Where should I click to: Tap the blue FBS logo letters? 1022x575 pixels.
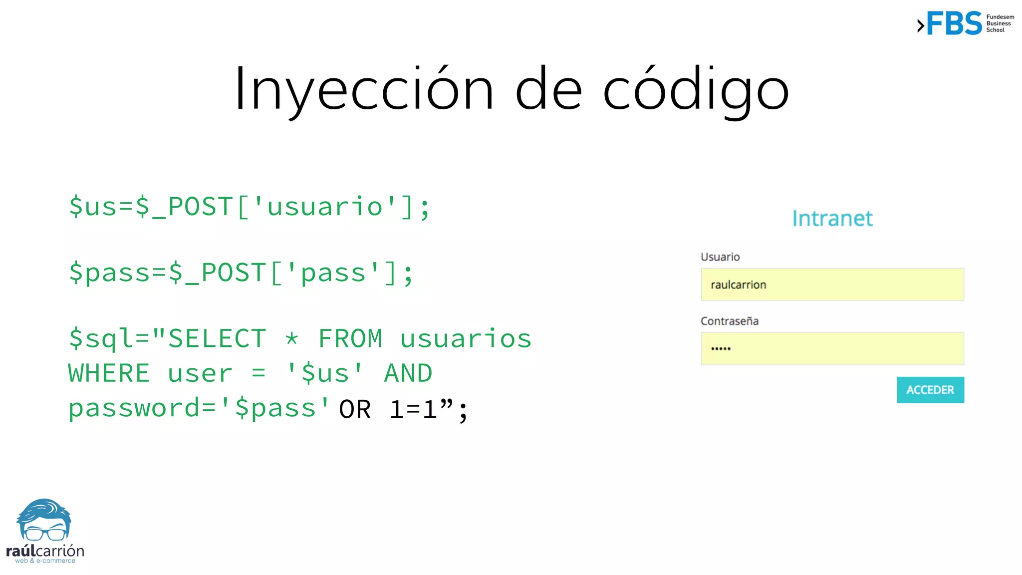coord(954,23)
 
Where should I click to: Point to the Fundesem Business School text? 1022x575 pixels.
coord(1000,23)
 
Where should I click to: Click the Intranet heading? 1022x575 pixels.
coord(832,219)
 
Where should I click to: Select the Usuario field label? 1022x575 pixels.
coord(720,257)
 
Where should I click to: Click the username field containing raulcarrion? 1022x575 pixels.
coord(832,285)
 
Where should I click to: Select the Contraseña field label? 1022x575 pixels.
coord(730,321)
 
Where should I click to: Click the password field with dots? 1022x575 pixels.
coord(832,348)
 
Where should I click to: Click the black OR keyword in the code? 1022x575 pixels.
coord(355,410)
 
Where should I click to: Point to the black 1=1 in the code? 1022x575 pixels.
coord(414,410)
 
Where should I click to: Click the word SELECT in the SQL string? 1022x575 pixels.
coord(217,339)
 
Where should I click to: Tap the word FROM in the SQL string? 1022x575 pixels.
coord(350,339)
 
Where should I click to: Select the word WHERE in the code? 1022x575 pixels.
coord(109,373)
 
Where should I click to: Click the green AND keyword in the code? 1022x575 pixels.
coord(408,373)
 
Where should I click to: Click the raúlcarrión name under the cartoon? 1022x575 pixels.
coord(45,551)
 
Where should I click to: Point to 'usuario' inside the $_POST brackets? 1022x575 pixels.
coord(325,207)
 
